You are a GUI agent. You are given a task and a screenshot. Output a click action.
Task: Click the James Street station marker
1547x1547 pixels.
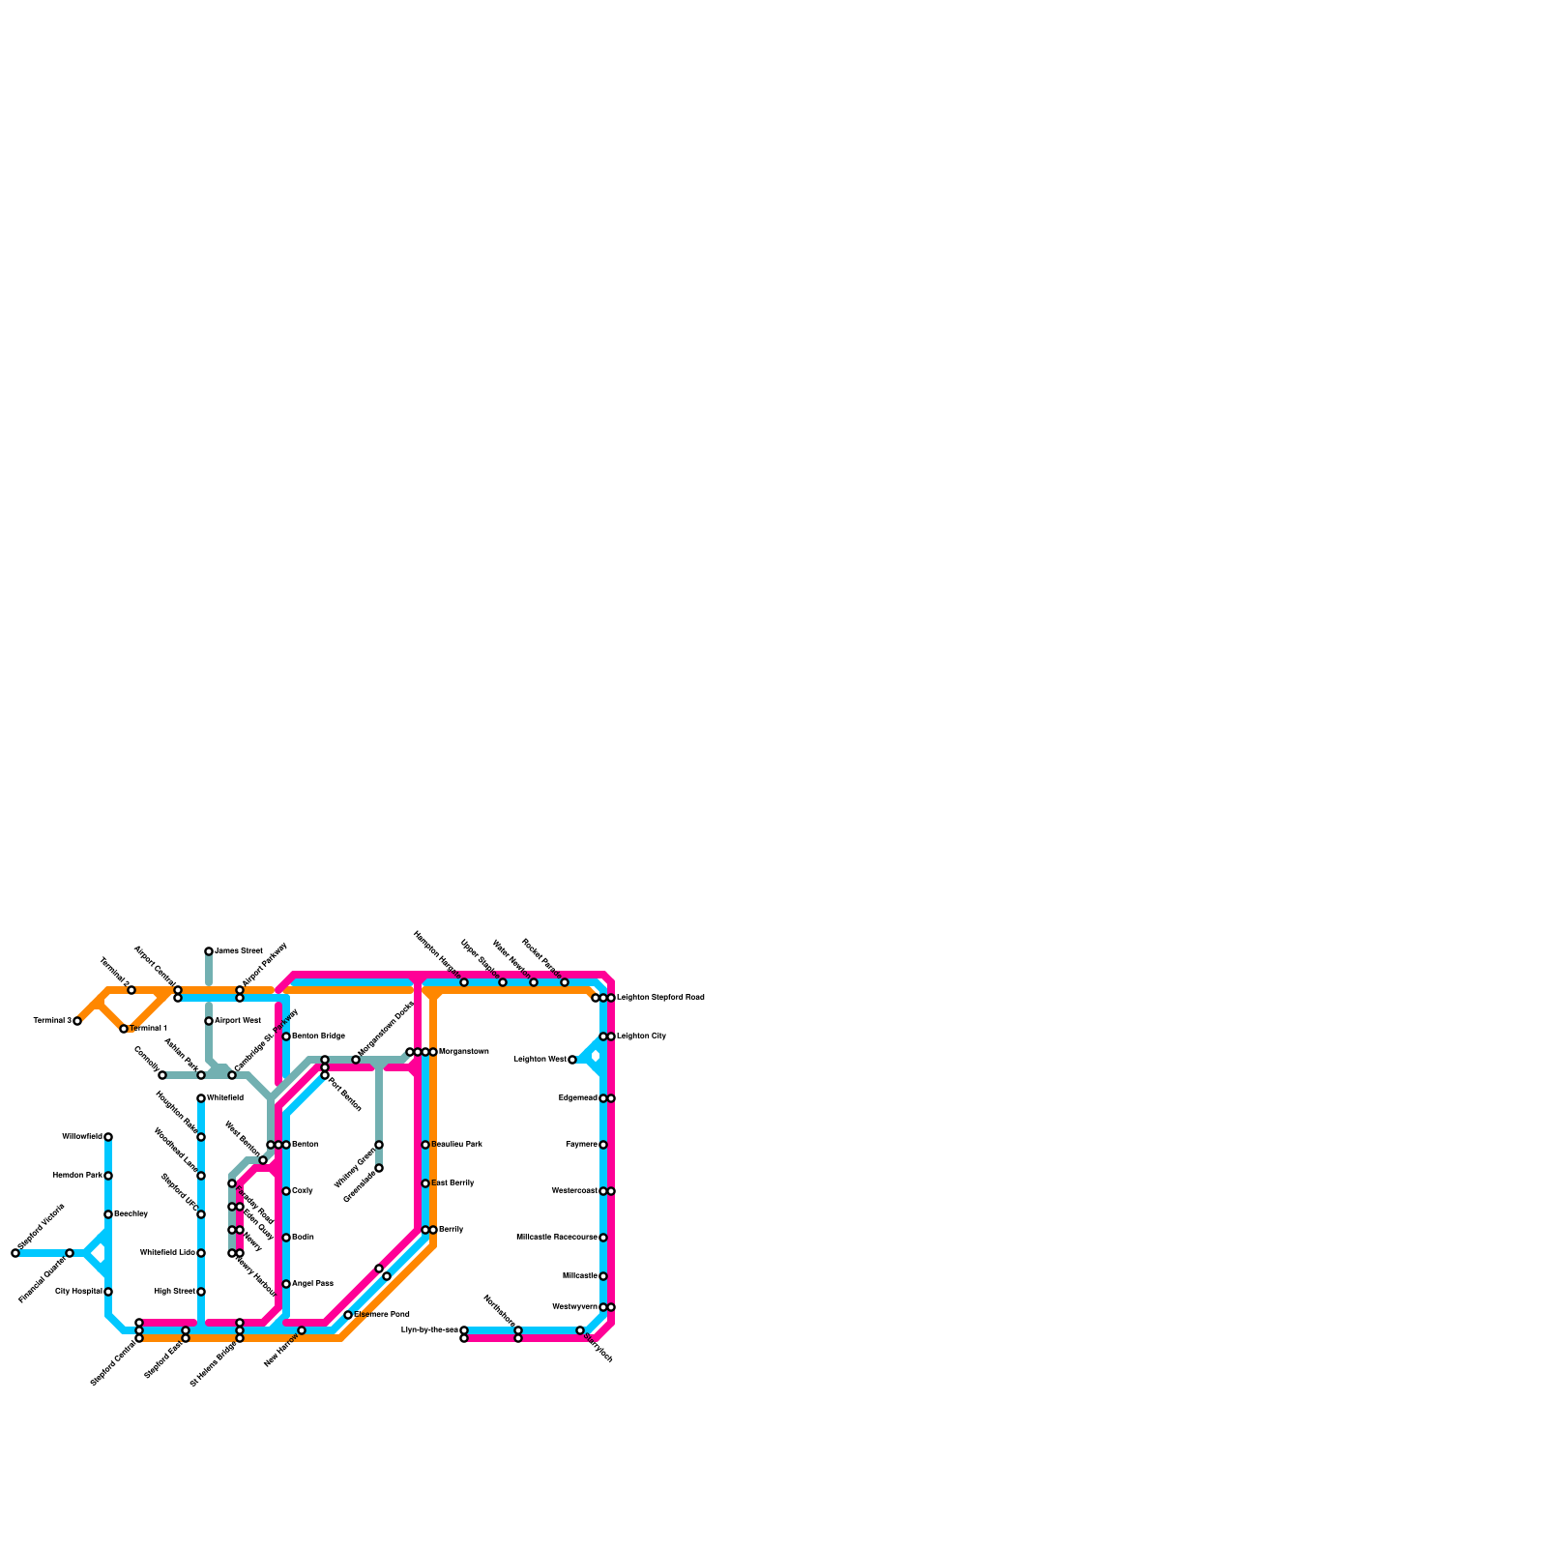click(209, 951)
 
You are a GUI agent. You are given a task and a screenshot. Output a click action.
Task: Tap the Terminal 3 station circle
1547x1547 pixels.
click(77, 1021)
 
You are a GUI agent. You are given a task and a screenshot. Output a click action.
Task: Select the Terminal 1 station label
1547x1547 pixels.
click(149, 1028)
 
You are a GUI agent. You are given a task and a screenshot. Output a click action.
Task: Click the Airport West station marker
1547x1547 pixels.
click(209, 1021)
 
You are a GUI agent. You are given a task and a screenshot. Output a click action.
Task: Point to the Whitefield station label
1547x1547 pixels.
click(225, 1097)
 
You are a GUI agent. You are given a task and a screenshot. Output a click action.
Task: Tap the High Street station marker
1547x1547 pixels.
click(201, 1292)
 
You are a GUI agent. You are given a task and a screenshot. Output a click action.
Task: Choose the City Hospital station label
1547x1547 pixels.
click(78, 1291)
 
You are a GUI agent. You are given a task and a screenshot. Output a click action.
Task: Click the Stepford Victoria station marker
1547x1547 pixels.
click(15, 1253)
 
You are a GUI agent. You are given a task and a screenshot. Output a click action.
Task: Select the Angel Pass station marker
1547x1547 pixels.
click(286, 1284)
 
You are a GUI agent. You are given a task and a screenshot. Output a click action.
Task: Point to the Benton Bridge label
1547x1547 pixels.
click(318, 1036)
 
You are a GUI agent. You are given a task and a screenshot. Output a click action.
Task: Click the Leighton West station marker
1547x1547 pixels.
click(572, 1060)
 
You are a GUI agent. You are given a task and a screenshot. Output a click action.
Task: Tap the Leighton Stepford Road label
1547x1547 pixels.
click(660, 997)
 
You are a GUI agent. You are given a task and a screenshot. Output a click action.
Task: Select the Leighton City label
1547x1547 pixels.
click(642, 1036)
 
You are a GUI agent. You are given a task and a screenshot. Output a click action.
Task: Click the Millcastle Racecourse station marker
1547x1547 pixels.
click(603, 1238)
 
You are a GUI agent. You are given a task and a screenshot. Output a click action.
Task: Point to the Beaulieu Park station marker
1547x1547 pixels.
click(425, 1145)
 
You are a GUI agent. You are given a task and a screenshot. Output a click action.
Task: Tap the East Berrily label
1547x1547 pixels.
click(452, 1182)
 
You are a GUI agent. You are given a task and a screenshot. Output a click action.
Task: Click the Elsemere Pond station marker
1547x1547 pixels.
click(348, 1315)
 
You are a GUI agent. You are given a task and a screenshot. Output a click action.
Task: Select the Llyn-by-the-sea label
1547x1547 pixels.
click(429, 1330)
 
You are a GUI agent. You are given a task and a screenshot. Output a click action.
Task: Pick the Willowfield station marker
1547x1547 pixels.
click(108, 1137)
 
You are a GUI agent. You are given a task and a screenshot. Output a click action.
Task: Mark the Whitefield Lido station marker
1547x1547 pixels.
click(201, 1253)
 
